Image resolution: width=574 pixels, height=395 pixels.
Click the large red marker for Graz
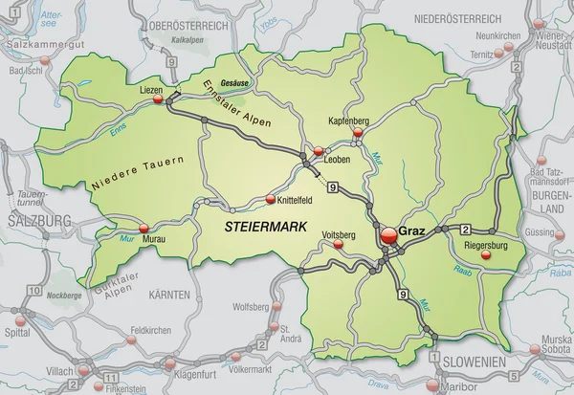[x=388, y=233]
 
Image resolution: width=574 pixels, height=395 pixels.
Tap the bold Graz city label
[x=411, y=230]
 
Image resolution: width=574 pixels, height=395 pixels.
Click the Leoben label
[x=338, y=160]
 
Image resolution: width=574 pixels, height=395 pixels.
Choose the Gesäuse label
[x=233, y=82]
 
